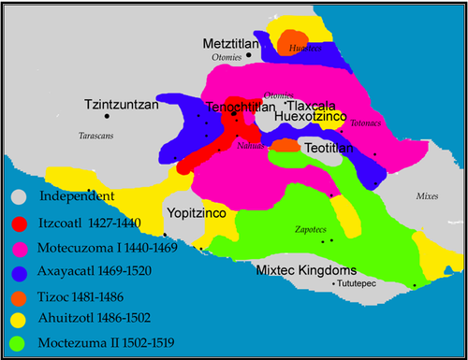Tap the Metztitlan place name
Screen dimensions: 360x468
[x=234, y=45]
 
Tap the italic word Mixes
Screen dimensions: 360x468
[x=426, y=199]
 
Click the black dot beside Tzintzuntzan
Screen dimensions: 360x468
[x=107, y=117]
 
